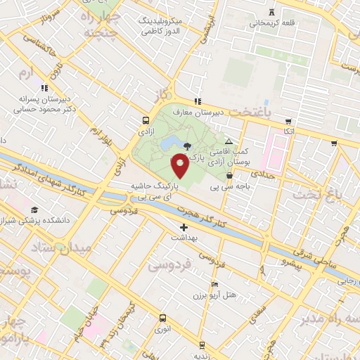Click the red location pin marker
pos(180,165)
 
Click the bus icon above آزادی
pos(145,120)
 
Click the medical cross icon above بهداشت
pos(184,227)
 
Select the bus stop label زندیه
pos(202,355)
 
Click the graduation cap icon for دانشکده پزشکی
pos(34,210)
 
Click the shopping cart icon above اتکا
pos(287,122)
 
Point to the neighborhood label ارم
pos(27,72)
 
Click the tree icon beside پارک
pos(186,146)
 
